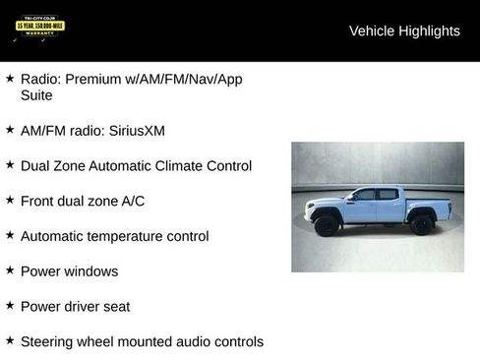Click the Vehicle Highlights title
[x=404, y=31]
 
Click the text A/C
[x=133, y=201]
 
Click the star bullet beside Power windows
[x=10, y=270]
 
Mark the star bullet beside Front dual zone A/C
[x=10, y=199]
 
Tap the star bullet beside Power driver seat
[x=10, y=305]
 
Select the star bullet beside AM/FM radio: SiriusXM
[x=10, y=129]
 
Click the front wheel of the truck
[x=328, y=225]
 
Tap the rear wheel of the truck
[x=422, y=224]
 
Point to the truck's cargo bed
[x=428, y=206]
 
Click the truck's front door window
[x=365, y=195]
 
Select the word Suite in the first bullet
[x=36, y=95]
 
